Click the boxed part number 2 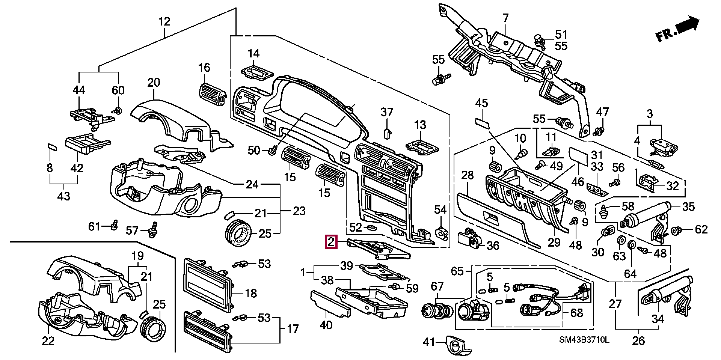(331, 242)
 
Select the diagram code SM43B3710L (584, 340)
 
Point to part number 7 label (505, 18)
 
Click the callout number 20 (154, 83)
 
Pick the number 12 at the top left (164, 21)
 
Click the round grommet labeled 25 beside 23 (238, 233)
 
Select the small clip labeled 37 (387, 133)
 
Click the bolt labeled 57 (153, 230)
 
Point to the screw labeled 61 (115, 225)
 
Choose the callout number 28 (468, 175)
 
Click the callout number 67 (437, 287)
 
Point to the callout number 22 (48, 341)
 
